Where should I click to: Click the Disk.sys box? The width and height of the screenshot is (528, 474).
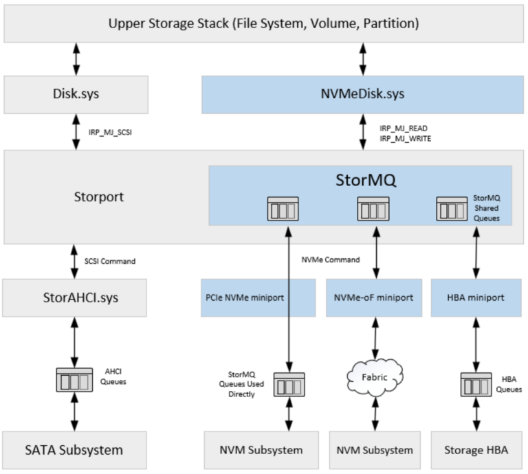[x=76, y=94]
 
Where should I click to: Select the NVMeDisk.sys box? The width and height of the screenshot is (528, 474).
[x=362, y=94]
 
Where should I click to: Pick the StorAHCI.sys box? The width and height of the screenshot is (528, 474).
[x=76, y=297]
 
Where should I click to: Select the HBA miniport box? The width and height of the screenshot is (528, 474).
[x=475, y=297]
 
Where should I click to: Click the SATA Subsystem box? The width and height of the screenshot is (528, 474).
[x=76, y=451]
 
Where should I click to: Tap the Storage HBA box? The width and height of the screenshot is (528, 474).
[x=475, y=451]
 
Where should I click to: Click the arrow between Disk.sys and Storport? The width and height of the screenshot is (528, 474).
[x=76, y=132]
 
